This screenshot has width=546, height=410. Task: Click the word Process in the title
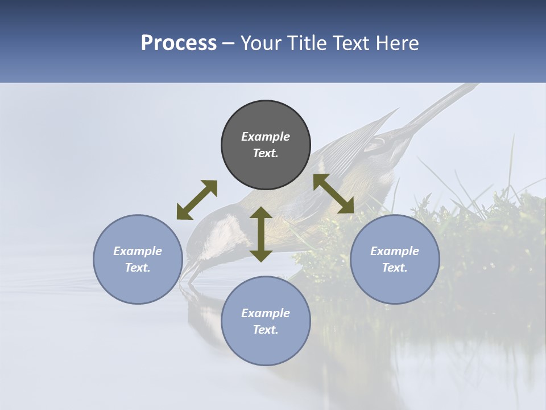pyautogui.click(x=179, y=43)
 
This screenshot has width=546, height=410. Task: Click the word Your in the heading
pyautogui.click(x=261, y=43)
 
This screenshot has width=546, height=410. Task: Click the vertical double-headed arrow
pyautogui.click(x=261, y=234)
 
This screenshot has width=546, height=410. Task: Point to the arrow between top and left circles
pyautogui.click(x=197, y=200)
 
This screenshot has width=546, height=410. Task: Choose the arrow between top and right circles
pyautogui.click(x=334, y=194)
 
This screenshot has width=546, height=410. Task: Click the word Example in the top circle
pyautogui.click(x=266, y=137)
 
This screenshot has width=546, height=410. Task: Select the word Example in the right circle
pyautogui.click(x=395, y=251)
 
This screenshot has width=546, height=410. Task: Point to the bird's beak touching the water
pyautogui.click(x=188, y=274)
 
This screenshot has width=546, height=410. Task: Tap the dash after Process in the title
pyautogui.click(x=228, y=44)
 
